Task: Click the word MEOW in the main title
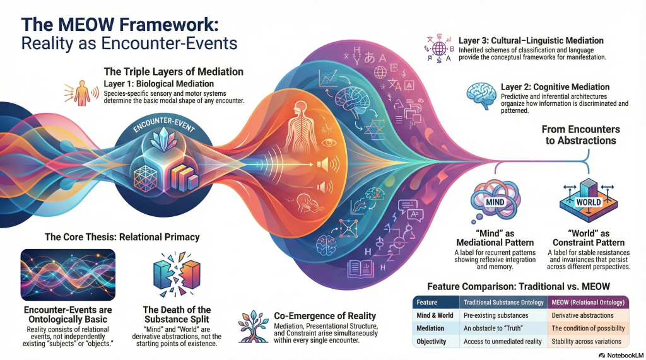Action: [83, 26]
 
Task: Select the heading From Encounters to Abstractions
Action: [580, 135]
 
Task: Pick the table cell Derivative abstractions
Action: [582, 315]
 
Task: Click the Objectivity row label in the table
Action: [432, 341]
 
